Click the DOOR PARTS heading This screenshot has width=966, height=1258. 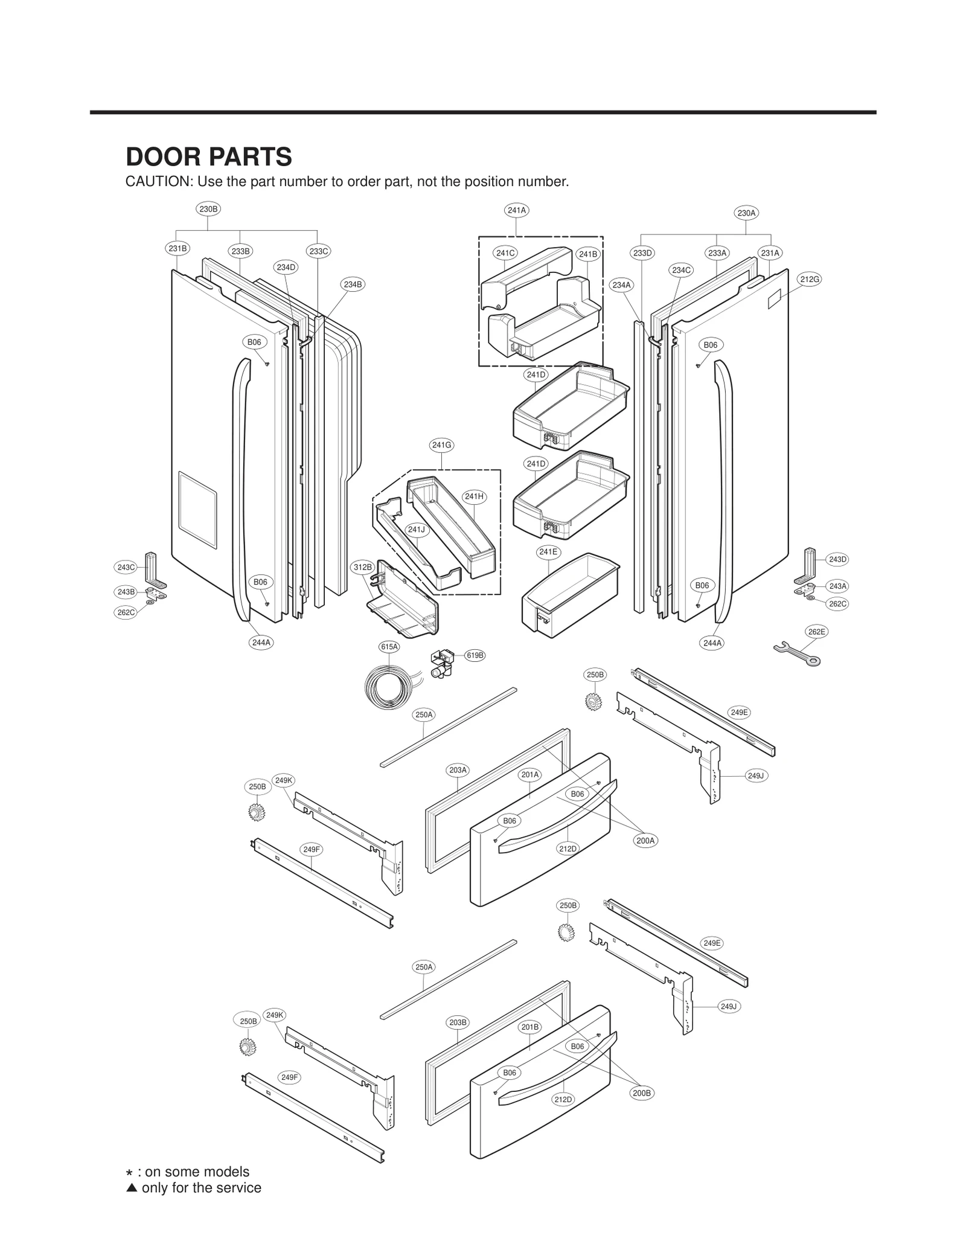pos(208,157)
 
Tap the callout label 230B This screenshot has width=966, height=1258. pos(208,209)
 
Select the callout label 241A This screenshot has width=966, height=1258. pos(517,210)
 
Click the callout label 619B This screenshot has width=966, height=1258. pos(475,655)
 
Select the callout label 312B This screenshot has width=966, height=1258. pos(363,567)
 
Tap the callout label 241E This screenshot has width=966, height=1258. pos(548,552)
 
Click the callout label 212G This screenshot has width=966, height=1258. pos(810,279)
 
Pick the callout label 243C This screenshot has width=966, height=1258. pos(126,567)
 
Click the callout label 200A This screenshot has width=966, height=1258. pos(645,840)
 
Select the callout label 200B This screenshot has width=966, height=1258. pos(642,1093)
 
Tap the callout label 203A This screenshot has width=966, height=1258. pos(458,770)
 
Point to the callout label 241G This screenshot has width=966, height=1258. pos(441,445)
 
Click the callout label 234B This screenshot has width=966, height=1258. pos(353,284)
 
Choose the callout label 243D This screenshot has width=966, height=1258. pos(837,559)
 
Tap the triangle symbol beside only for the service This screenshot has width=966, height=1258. pos(132,1188)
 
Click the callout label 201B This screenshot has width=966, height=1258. pos(530,1027)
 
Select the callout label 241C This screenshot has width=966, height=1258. pos(505,253)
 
